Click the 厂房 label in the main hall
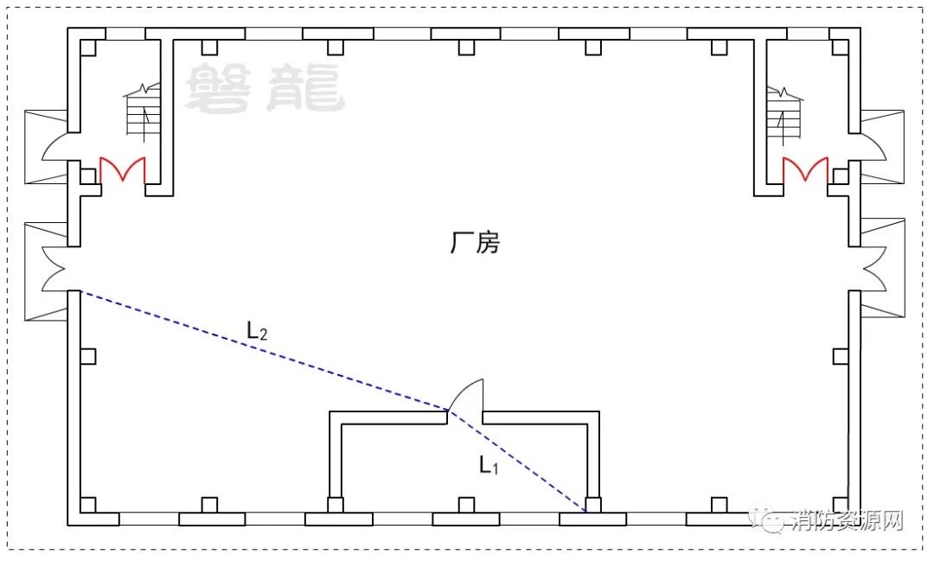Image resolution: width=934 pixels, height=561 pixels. (475, 242)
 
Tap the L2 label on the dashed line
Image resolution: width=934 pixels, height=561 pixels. (257, 330)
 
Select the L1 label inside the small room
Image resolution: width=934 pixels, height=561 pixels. (489, 464)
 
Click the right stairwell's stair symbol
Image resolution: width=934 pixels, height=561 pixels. (784, 114)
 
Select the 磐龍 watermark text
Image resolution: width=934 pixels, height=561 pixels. (265, 88)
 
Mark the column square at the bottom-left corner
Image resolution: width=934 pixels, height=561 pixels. (87, 505)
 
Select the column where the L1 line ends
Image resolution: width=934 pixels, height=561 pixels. (592, 505)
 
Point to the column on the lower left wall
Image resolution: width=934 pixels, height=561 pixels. (87, 357)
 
